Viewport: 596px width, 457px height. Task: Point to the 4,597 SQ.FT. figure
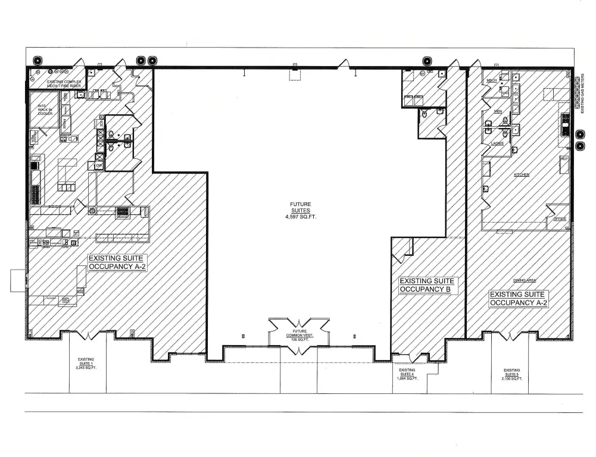pyautogui.click(x=301, y=217)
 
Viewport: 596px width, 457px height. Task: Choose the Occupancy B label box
pyautogui.click(x=427, y=285)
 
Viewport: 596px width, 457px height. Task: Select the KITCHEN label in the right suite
pyautogui.click(x=522, y=175)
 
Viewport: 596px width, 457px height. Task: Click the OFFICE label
pyautogui.click(x=558, y=219)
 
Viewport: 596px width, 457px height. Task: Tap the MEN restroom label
pyautogui.click(x=498, y=111)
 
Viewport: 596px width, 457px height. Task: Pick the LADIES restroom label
pyautogui.click(x=498, y=143)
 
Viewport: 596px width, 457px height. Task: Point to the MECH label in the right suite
pyautogui.click(x=492, y=80)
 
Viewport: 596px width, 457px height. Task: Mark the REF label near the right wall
pyautogui.click(x=564, y=159)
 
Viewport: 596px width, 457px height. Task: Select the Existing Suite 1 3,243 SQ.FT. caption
pyautogui.click(x=86, y=364)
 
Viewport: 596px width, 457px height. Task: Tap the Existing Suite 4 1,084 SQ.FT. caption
pyautogui.click(x=407, y=374)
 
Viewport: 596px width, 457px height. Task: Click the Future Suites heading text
pyautogui.click(x=301, y=208)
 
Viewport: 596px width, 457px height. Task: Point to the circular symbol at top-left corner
pyautogui.click(x=38, y=60)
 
